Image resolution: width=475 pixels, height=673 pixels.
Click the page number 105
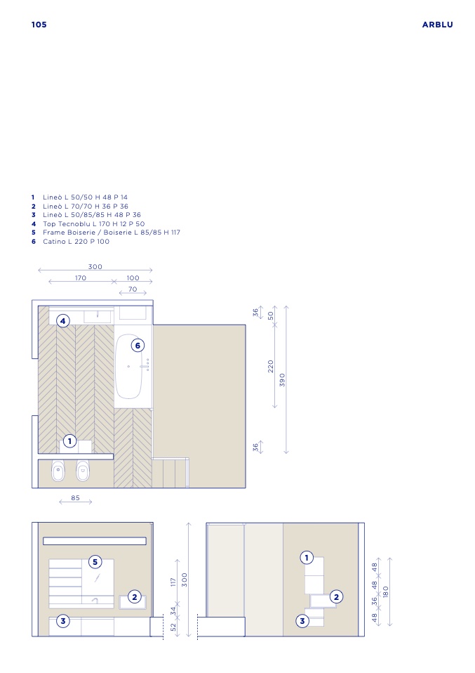pos(39,25)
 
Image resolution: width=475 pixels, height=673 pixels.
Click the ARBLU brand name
pos(437,25)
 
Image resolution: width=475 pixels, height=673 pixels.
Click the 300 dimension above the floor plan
pos(95,266)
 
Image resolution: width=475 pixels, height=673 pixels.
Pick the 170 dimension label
pos(81,277)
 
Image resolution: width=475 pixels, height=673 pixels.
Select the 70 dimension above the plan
pos(133,289)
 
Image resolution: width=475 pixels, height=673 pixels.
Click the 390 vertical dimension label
pos(282,380)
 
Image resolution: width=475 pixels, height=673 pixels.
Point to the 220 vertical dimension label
pos(271,366)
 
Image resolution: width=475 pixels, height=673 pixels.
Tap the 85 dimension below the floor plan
pos(76,498)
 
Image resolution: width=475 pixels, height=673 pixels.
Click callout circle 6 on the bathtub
pos(138,346)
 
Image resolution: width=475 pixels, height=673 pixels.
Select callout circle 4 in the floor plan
pos(63,321)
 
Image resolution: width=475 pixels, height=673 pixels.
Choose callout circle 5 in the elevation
pos(95,562)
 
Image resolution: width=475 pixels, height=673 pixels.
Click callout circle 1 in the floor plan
pos(70,441)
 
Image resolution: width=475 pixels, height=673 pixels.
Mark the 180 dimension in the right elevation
pos(386,592)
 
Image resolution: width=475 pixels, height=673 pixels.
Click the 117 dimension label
pos(173,582)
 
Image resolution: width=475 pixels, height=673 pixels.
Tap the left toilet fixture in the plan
pos(58,471)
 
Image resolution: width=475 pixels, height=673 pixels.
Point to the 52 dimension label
pos(173,627)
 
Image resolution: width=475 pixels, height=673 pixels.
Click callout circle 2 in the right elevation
pos(337,596)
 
